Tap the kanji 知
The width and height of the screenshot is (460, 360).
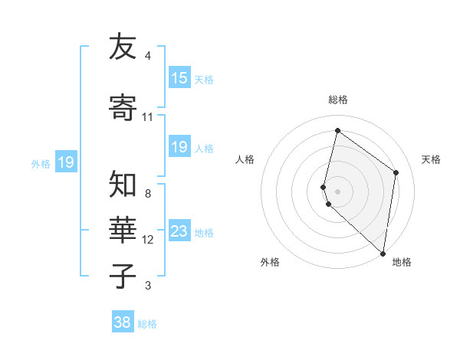click(x=123, y=185)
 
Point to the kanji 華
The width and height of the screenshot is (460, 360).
click(x=123, y=231)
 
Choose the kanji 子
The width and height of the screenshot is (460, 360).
click(x=123, y=277)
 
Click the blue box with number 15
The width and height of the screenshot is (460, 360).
click(x=179, y=78)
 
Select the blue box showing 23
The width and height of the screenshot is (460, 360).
click(x=179, y=231)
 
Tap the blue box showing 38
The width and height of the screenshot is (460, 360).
click(x=123, y=322)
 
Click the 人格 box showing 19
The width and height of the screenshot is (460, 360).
click(x=179, y=147)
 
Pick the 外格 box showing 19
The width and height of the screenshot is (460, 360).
click(x=66, y=162)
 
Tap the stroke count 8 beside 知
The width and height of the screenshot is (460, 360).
click(x=147, y=194)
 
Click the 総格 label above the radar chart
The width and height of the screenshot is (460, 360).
click(x=337, y=100)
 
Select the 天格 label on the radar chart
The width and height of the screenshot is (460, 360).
click(x=431, y=159)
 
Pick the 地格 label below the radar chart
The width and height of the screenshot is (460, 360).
click(x=402, y=262)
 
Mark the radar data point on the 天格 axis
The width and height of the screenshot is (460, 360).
click(x=396, y=172)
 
